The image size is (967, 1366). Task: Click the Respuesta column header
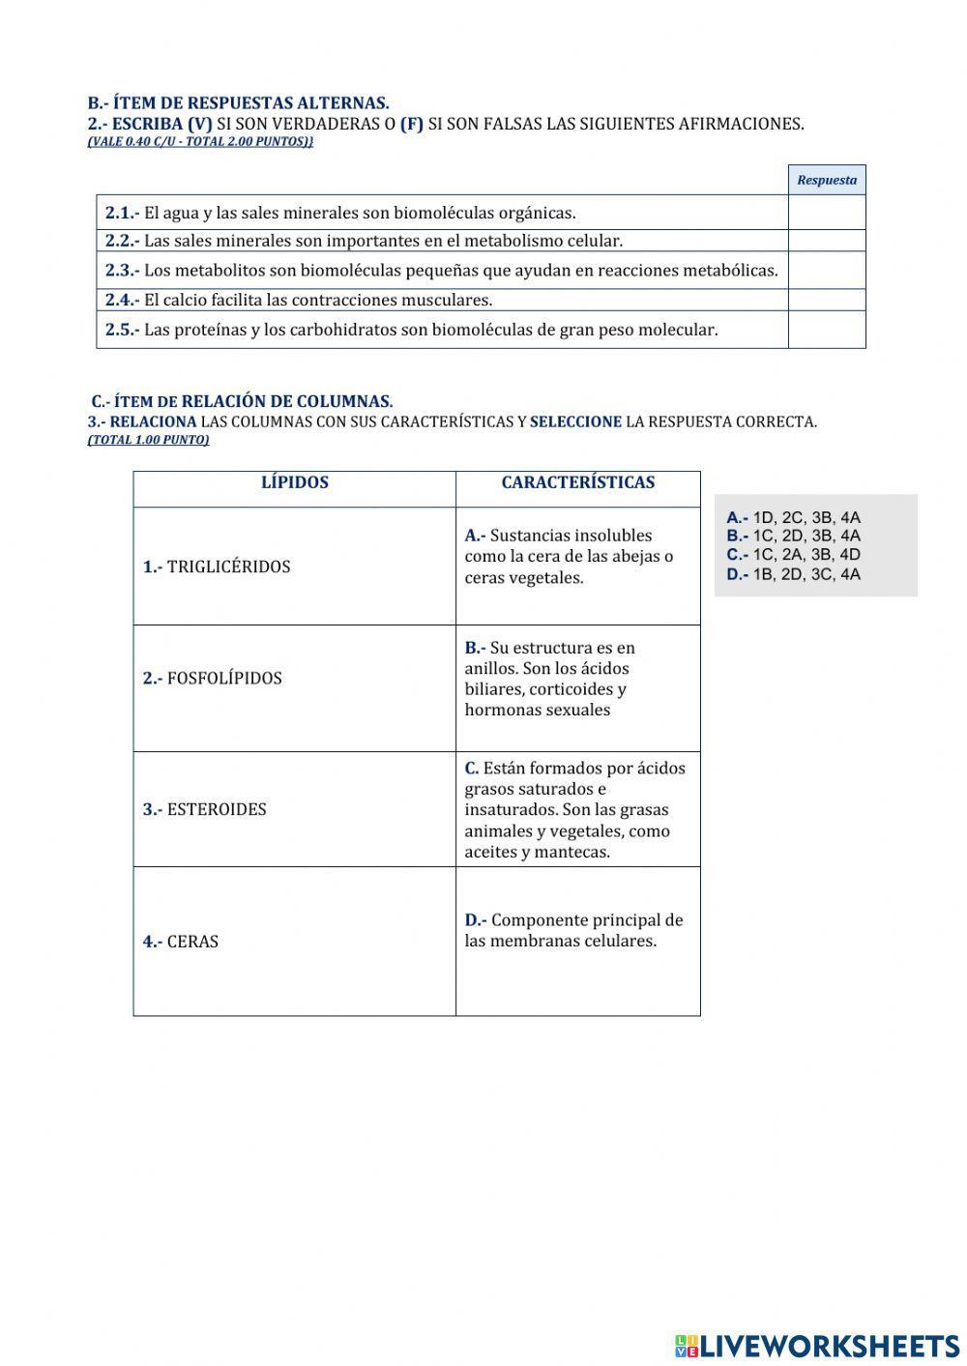(827, 180)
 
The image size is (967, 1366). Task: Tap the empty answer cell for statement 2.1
(827, 213)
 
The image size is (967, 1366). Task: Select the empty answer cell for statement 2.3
(827, 271)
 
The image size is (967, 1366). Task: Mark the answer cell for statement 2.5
(827, 330)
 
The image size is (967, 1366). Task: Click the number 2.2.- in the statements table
(122, 241)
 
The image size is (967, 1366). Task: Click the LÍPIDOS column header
(295, 482)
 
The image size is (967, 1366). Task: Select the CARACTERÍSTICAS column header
(577, 482)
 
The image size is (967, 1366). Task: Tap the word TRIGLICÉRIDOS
(228, 567)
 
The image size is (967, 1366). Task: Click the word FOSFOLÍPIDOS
(224, 678)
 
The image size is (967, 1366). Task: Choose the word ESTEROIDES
(217, 809)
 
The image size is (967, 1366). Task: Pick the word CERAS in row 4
(192, 942)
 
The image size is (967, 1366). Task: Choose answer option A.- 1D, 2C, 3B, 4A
(793, 517)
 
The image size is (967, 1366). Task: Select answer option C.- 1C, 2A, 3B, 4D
(793, 555)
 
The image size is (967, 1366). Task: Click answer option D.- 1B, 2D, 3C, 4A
(793, 574)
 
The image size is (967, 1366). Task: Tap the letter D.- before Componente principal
(475, 920)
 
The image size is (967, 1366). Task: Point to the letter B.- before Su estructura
(474, 648)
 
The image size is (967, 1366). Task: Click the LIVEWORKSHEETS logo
(816, 1345)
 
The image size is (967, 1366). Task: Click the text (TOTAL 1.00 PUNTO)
(148, 440)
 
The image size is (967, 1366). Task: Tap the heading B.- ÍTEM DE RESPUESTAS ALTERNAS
(238, 102)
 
